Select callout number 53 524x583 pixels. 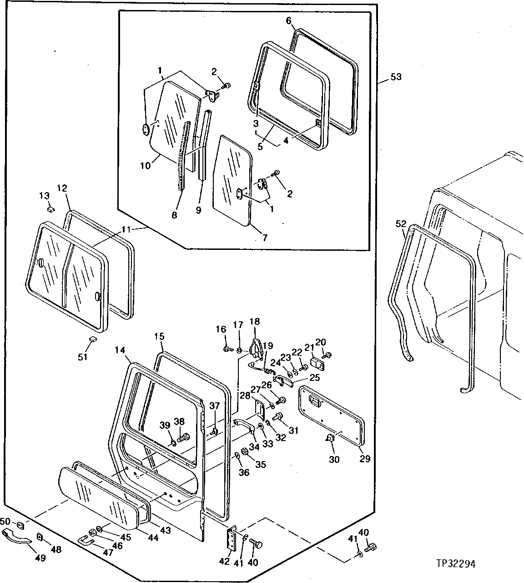coord(396,77)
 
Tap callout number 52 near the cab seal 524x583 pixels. coord(401,223)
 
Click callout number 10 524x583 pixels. coord(145,165)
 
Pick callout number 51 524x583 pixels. coord(82,357)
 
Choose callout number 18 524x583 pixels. coord(254,321)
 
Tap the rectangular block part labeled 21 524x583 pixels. coord(317,363)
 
